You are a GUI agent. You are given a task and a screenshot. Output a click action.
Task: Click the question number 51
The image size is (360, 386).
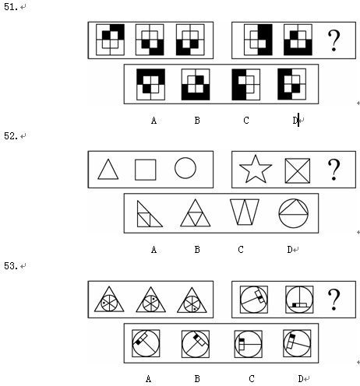click(11, 7)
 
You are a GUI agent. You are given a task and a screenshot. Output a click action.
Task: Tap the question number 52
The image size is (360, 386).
click(11, 136)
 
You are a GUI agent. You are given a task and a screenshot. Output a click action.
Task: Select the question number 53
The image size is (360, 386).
click(11, 266)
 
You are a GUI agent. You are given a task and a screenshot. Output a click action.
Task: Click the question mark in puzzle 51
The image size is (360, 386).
click(334, 40)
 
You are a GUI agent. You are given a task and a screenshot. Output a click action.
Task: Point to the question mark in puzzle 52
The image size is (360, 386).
click(334, 170)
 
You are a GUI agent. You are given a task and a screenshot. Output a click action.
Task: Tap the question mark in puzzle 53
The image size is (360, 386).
click(334, 300)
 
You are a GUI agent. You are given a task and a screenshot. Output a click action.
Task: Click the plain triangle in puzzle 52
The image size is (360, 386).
click(108, 169)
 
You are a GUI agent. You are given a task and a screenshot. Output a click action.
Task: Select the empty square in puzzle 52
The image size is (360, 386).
click(146, 170)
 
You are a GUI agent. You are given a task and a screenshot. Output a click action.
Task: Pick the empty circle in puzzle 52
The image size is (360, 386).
click(185, 168)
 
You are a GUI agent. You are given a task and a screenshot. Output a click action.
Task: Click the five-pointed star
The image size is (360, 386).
click(256, 169)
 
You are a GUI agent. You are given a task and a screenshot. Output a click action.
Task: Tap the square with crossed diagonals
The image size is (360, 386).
click(298, 170)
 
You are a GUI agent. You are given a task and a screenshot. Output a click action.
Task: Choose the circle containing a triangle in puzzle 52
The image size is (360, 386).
click(294, 213)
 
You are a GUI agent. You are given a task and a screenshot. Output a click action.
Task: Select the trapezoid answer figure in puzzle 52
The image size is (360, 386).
click(245, 212)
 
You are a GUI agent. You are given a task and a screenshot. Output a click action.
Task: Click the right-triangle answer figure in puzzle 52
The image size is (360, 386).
click(150, 214)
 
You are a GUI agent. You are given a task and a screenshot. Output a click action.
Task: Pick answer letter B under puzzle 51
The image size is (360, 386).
click(197, 121)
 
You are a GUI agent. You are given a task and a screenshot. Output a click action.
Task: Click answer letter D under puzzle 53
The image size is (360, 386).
click(301, 379)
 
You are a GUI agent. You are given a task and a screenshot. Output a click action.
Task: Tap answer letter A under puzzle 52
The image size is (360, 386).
click(154, 250)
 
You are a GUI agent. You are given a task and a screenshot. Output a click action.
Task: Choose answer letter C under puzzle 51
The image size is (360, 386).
click(246, 121)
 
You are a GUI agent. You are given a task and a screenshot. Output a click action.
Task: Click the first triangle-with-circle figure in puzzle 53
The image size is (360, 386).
click(109, 299)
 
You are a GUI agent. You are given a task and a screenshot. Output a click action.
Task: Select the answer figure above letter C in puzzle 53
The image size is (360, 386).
click(248, 344)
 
